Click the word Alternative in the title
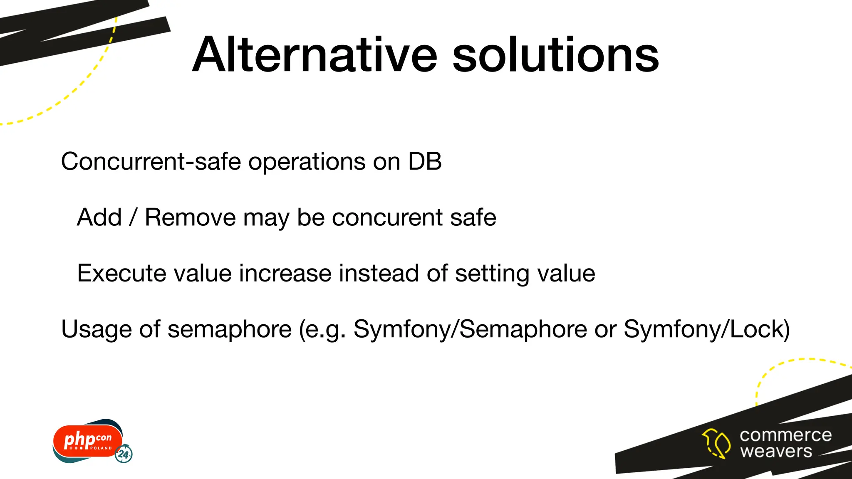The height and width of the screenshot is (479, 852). point(315,55)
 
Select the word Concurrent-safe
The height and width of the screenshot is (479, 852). point(151,161)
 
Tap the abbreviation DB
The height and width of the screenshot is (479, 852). point(425,161)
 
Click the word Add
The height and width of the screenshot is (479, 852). point(99,217)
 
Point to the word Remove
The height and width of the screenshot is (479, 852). point(190,217)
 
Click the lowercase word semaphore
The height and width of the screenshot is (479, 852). point(229,329)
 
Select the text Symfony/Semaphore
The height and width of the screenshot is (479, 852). point(470,329)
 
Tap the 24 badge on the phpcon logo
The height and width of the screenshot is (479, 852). point(124,454)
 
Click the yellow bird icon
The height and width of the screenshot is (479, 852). point(716,443)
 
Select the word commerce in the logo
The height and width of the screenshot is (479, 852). point(785,435)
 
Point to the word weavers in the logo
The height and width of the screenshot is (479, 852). point(776,451)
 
